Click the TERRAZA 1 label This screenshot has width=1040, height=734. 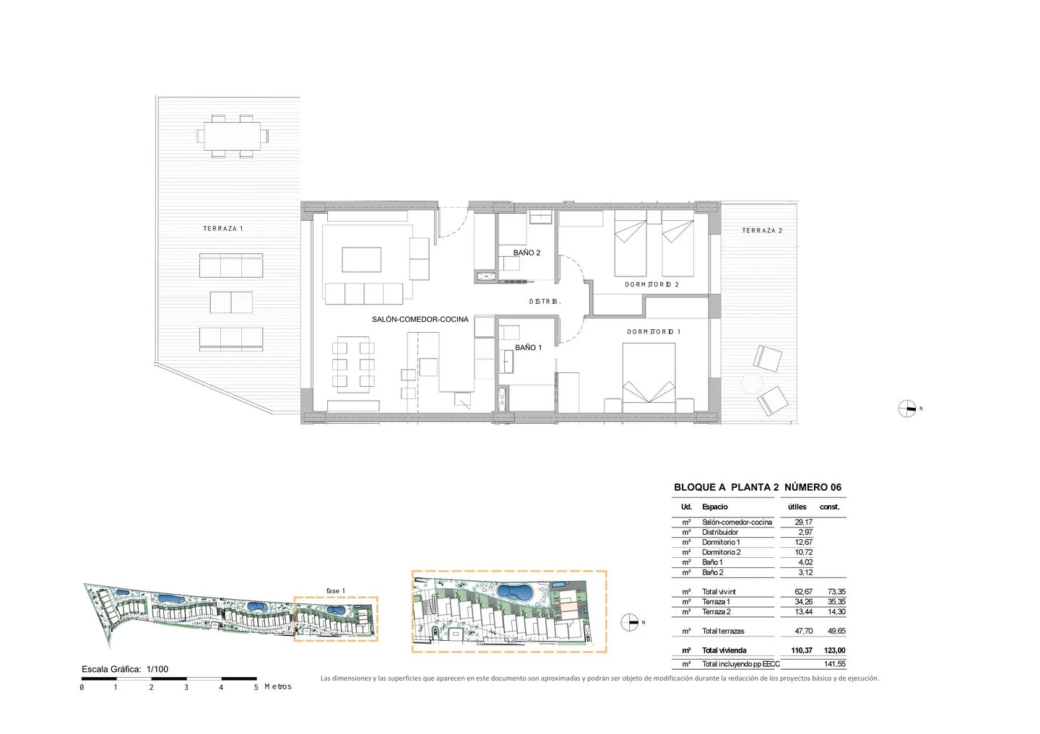coord(223,228)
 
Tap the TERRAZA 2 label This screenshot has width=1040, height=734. coord(762,230)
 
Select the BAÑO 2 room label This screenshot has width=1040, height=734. coord(526,253)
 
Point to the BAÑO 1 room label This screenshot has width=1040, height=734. coord(528,348)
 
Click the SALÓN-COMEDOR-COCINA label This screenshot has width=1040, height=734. coord(420,319)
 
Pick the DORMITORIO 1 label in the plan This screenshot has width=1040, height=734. coord(653,331)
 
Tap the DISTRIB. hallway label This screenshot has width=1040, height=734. coord(545,302)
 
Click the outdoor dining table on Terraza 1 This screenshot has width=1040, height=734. coord(232,136)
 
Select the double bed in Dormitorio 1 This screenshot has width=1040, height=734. coord(649,377)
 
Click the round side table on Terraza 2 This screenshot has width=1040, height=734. coord(752,384)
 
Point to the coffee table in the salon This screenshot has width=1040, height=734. coord(361,259)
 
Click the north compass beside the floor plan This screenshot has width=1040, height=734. coord(907,408)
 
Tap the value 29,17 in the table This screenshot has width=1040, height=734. coord(803,522)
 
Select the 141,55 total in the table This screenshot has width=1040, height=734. coord(834,664)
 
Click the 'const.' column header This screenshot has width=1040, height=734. coord(829,507)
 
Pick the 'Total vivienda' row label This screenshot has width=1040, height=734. coord(724,650)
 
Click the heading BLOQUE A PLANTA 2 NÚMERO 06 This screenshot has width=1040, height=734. coord(757,487)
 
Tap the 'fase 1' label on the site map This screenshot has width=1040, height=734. coord(335,590)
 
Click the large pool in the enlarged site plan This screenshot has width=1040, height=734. coord(515,592)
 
